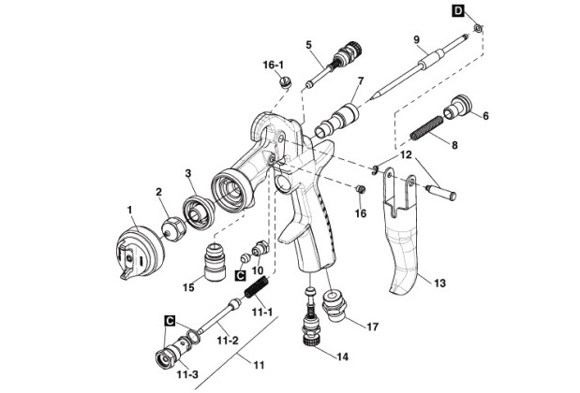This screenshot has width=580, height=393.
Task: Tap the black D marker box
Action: (x=459, y=10)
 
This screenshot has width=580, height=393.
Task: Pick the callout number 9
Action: (x=414, y=39)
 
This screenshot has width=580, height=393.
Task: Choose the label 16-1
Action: (x=274, y=65)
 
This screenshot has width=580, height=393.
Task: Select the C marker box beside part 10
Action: (x=240, y=276)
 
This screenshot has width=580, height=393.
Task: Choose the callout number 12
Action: (x=406, y=153)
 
